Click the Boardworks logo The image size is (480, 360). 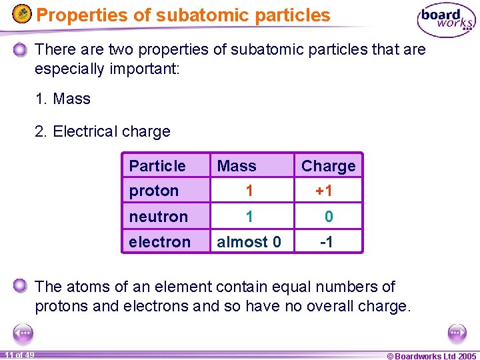[x=445, y=21]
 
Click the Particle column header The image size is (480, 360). [x=157, y=165]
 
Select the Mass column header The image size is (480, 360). [x=237, y=165]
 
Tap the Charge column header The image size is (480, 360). [x=328, y=165]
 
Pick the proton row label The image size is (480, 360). [x=154, y=191]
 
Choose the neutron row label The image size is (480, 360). [x=159, y=217]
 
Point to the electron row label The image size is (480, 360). [x=160, y=242]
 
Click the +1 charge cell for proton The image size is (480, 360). [x=324, y=191]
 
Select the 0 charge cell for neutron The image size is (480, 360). [x=329, y=217]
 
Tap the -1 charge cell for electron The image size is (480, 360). [x=327, y=242]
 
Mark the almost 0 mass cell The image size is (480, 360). [x=249, y=242]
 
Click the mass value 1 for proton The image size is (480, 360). [x=249, y=191]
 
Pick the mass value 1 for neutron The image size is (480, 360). [x=249, y=217]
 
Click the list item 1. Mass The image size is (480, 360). [x=63, y=99]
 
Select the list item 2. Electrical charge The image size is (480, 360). [x=103, y=131]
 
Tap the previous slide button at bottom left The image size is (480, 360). [x=23, y=333]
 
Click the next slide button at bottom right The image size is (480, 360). [x=457, y=333]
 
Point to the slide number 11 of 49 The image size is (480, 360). [x=19, y=355]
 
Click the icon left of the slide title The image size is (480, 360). [x=22, y=14]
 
